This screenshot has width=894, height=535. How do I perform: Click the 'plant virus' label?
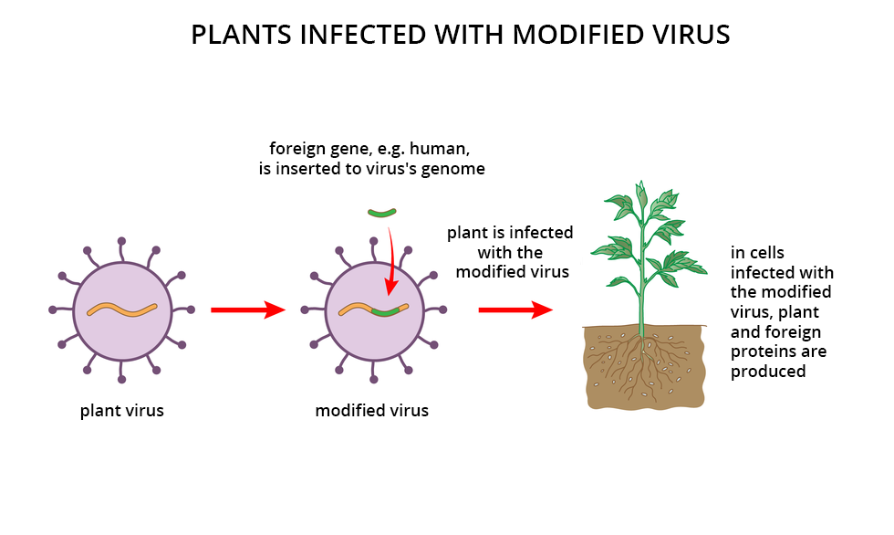[x=122, y=410]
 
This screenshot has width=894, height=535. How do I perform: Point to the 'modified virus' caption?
[x=371, y=410]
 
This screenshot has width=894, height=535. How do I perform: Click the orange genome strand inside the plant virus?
[x=122, y=309]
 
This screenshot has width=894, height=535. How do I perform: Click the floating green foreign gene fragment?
[x=382, y=214]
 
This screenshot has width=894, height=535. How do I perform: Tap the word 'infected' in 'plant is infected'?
[x=542, y=233]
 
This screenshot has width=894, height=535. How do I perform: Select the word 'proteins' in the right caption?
[x=761, y=351]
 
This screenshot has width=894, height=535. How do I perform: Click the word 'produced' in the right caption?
[x=768, y=371]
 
